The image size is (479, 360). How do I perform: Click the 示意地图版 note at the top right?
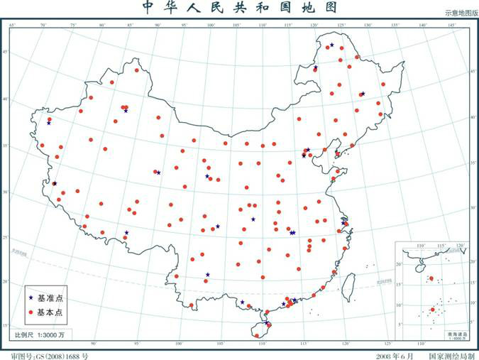(461, 13)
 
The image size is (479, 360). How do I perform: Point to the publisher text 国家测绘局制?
(450, 354)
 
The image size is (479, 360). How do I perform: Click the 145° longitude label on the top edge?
(451, 26)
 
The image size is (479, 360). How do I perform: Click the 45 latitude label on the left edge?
(4, 53)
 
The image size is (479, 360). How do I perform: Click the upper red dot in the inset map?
(431, 278)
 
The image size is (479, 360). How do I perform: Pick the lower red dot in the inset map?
(432, 310)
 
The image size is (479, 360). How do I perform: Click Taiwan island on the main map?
(348, 285)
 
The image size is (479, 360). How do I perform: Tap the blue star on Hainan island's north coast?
(267, 324)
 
